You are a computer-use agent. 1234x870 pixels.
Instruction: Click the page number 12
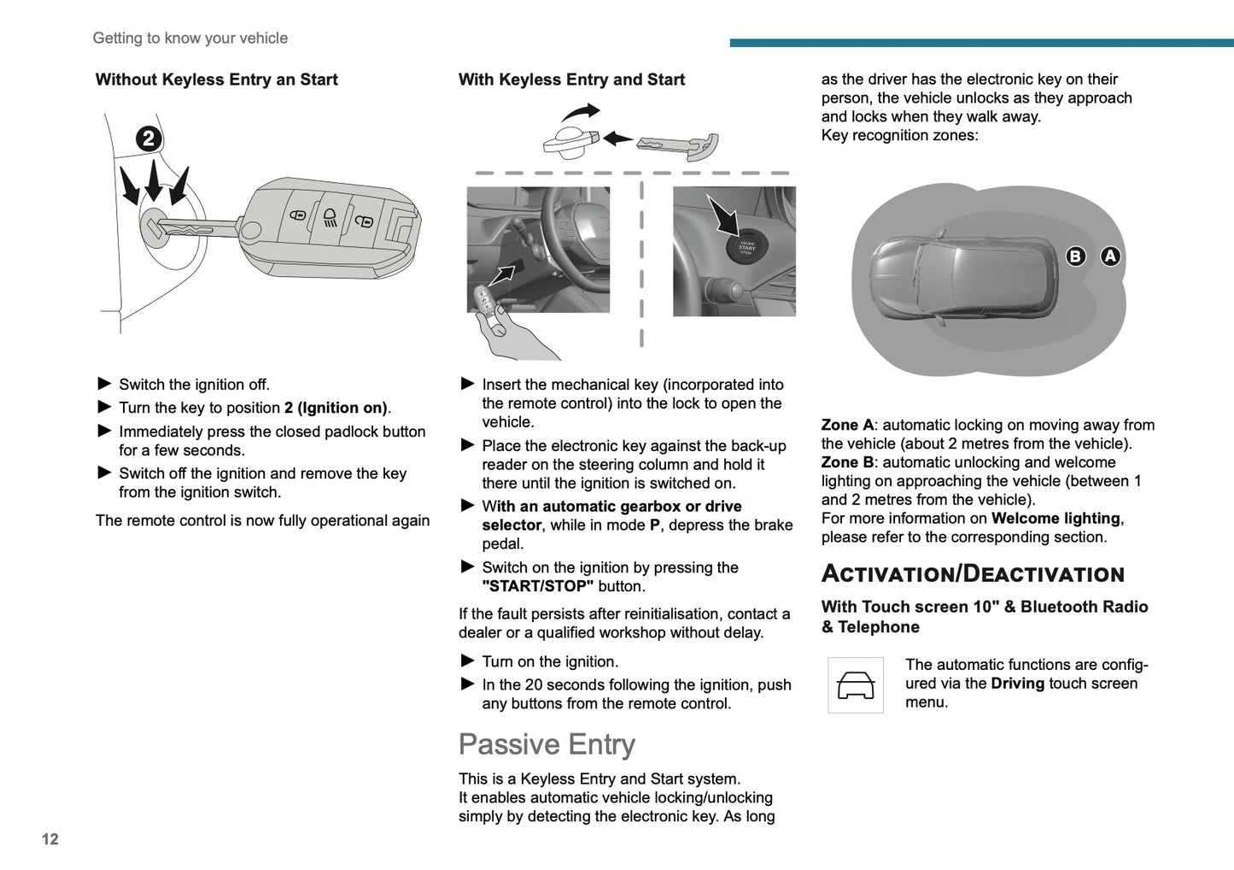click(50, 839)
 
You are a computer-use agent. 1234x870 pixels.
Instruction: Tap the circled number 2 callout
click(149, 138)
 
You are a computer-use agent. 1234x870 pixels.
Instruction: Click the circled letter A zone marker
click(1110, 256)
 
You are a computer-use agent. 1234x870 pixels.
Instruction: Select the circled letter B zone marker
click(1075, 256)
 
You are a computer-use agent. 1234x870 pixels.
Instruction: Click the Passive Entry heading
click(547, 744)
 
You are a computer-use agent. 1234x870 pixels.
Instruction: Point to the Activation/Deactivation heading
click(973, 573)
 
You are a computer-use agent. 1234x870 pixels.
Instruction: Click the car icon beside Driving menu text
click(856, 685)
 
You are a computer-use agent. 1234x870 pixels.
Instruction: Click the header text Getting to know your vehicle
click(190, 38)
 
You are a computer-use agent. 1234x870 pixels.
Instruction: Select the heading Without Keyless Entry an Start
click(217, 79)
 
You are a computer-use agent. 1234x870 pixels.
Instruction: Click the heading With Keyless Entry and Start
click(571, 79)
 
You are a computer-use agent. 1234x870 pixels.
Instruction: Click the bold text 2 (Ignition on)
click(336, 408)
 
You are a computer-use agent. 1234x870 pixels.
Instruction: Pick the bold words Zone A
click(847, 425)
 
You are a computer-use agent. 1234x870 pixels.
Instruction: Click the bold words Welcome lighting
click(1056, 518)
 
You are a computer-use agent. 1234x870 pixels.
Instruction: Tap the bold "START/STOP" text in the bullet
click(537, 586)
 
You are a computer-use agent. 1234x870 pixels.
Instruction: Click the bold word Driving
click(1017, 683)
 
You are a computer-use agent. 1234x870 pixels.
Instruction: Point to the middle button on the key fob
click(330, 217)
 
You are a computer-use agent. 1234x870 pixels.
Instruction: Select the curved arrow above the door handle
click(581, 112)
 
